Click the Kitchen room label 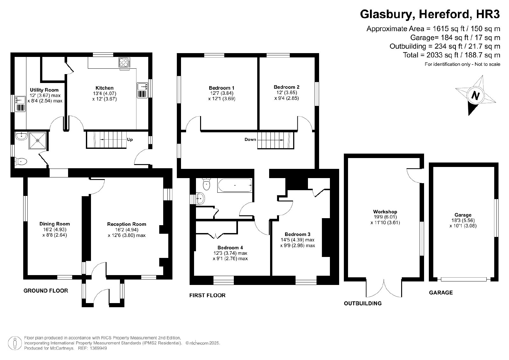click(104, 88)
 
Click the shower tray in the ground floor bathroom click(38, 140)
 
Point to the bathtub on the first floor click(235, 185)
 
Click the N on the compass click(475, 95)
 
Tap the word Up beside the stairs click(130, 140)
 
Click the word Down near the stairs click(250, 139)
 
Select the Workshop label click(385, 212)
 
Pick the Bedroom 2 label click(286, 87)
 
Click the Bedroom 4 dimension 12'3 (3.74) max click(230, 253)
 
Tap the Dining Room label click(54, 224)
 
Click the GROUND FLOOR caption click(46, 290)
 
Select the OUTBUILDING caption click(363, 303)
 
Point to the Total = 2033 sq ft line click(451, 55)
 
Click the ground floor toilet click(21, 162)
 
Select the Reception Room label click(127, 224)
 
